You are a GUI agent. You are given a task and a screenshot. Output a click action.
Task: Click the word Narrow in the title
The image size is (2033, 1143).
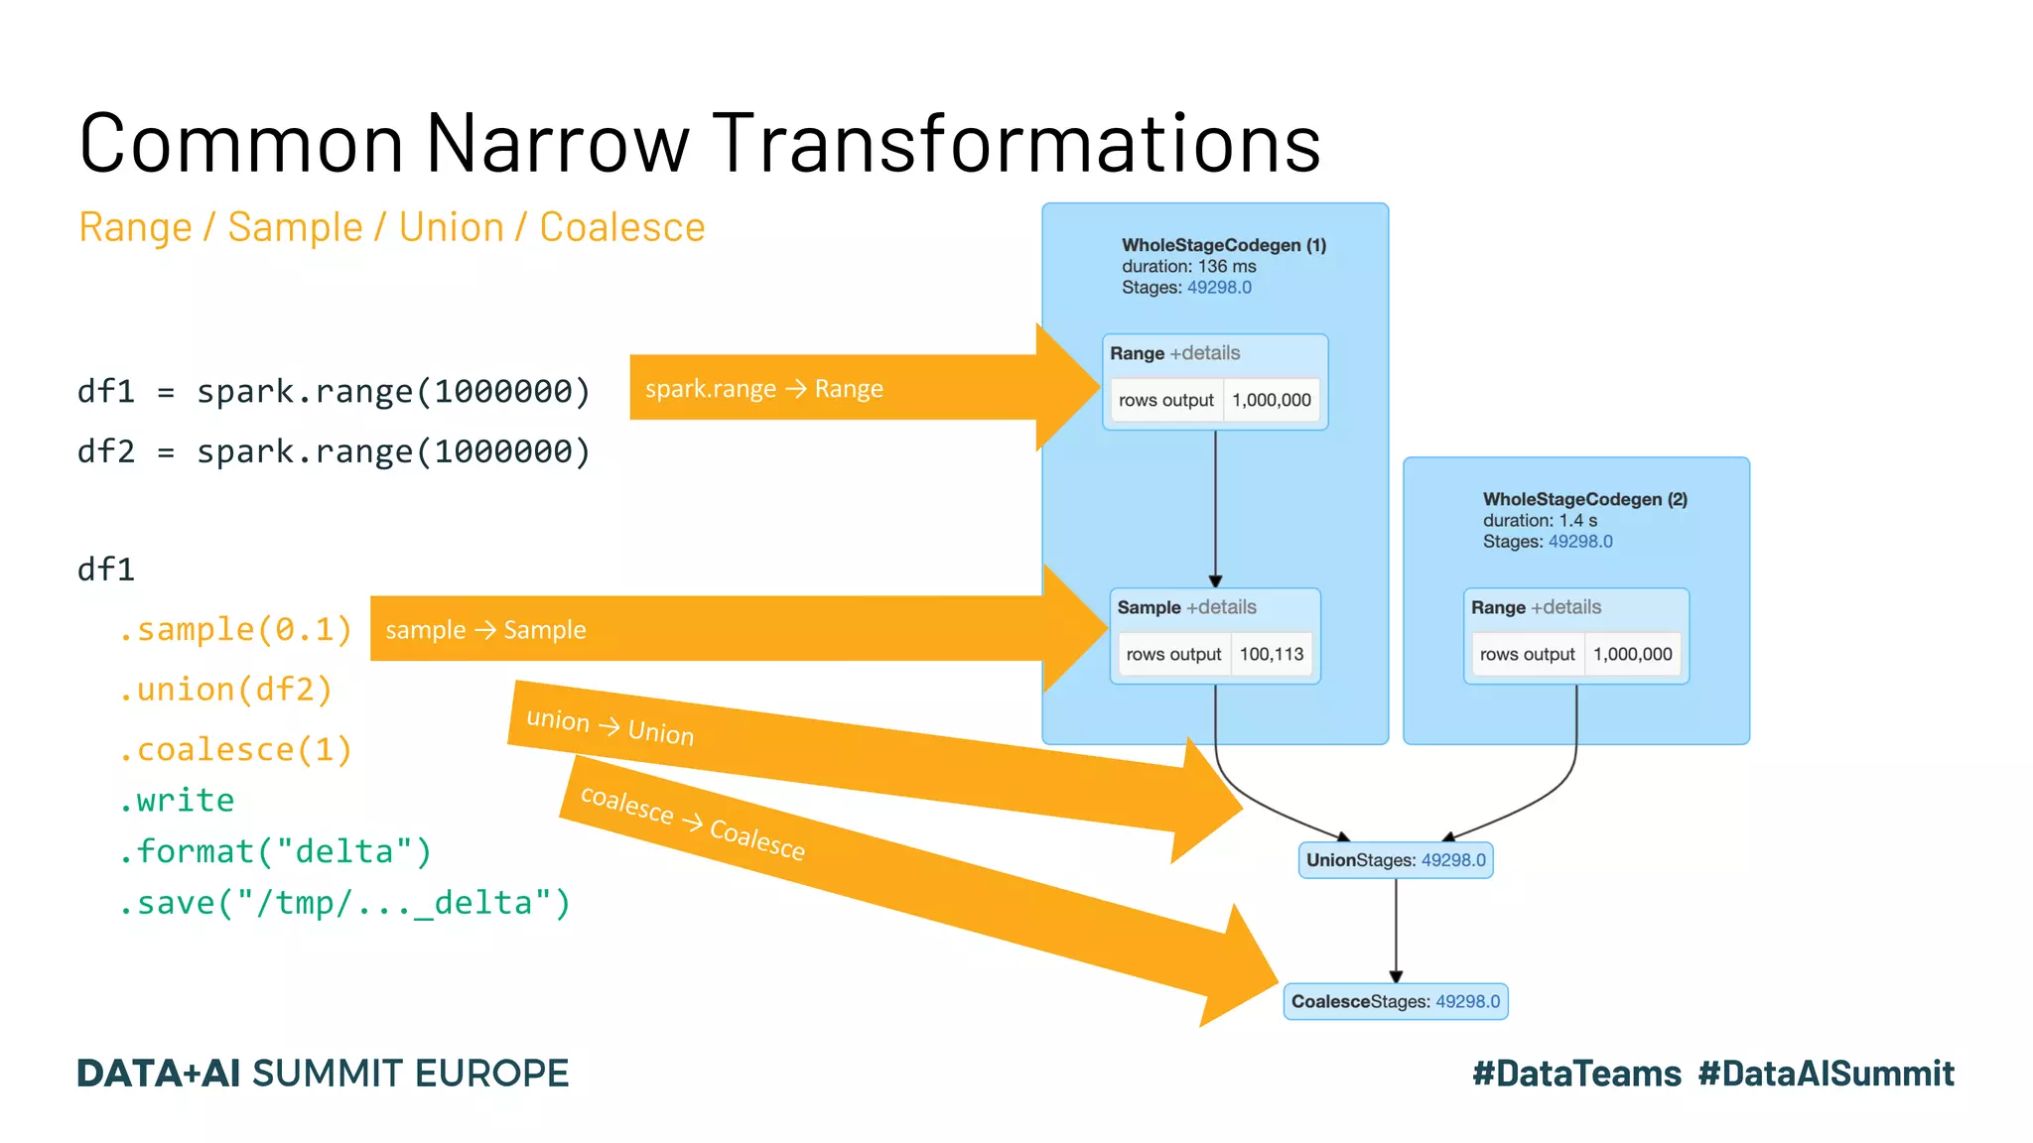pyautogui.click(x=557, y=144)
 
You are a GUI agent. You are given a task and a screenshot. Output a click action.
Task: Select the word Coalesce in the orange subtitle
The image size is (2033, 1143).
pyautogui.click(x=621, y=228)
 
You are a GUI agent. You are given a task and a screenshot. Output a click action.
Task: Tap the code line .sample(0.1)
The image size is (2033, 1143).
pyautogui.click(x=235, y=630)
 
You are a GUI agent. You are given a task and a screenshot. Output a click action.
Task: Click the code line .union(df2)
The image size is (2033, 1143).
pyautogui.click(x=225, y=690)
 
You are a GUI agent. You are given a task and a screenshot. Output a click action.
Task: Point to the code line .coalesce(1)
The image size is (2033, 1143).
pyautogui.click(x=235, y=750)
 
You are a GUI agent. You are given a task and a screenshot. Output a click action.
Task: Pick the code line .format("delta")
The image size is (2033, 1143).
pyautogui.click(x=275, y=851)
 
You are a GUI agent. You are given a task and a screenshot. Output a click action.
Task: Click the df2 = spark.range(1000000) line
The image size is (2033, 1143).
pyautogui.click(x=334, y=452)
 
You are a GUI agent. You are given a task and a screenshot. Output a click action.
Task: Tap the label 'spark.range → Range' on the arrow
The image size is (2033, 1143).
pyautogui.click(x=763, y=389)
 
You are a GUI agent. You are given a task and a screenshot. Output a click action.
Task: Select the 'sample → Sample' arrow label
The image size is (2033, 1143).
pyautogui.click(x=485, y=630)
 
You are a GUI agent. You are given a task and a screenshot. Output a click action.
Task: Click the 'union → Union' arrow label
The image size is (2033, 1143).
pyautogui.click(x=610, y=727)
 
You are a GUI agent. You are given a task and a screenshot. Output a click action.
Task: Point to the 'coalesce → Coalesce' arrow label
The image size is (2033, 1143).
pyautogui.click(x=692, y=823)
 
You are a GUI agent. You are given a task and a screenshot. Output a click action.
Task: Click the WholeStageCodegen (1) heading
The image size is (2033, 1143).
pyautogui.click(x=1223, y=245)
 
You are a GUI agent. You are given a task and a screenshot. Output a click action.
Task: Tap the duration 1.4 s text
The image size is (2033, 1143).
pyautogui.click(x=1540, y=521)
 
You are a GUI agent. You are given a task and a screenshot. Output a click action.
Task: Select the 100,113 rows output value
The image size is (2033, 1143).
pyautogui.click(x=1272, y=655)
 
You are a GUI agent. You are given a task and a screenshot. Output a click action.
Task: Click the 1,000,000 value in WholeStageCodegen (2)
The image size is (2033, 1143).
pyautogui.click(x=1632, y=655)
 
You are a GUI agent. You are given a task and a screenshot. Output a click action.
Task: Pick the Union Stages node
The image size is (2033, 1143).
pyautogui.click(x=1395, y=860)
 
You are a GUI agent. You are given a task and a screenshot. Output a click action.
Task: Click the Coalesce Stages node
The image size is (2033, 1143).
pyautogui.click(x=1395, y=1002)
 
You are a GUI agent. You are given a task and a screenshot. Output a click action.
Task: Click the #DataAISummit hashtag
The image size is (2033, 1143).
pyautogui.click(x=1826, y=1074)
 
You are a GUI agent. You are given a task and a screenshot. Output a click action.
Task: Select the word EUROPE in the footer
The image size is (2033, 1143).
pyautogui.click(x=491, y=1074)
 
